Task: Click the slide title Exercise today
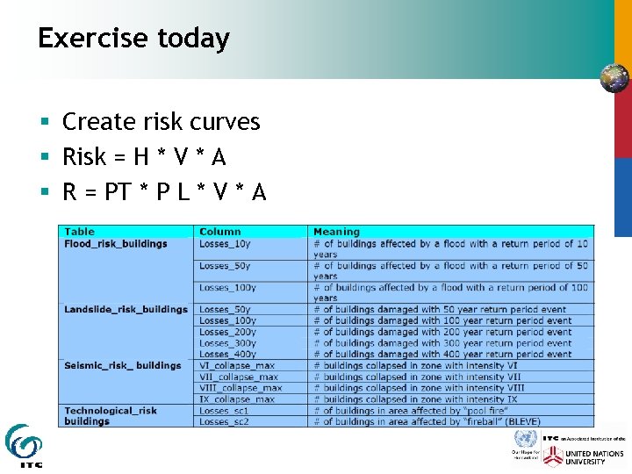point(133,39)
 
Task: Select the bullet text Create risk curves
point(162,121)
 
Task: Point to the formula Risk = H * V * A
point(144,157)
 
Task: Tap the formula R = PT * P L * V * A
point(164,191)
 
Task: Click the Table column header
point(80,232)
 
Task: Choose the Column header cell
point(219,232)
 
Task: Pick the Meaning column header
point(336,232)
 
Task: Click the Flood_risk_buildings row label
point(115,243)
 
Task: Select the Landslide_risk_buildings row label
point(126,309)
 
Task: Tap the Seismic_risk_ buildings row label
point(122,365)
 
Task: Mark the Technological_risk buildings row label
point(111,415)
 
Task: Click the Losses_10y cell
point(225,243)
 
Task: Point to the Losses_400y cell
point(227,354)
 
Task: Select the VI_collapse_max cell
point(237,365)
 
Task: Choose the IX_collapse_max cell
point(237,399)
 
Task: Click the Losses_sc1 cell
point(224,410)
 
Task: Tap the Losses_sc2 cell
point(224,421)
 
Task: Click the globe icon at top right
point(614,78)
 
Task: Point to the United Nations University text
point(594,457)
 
